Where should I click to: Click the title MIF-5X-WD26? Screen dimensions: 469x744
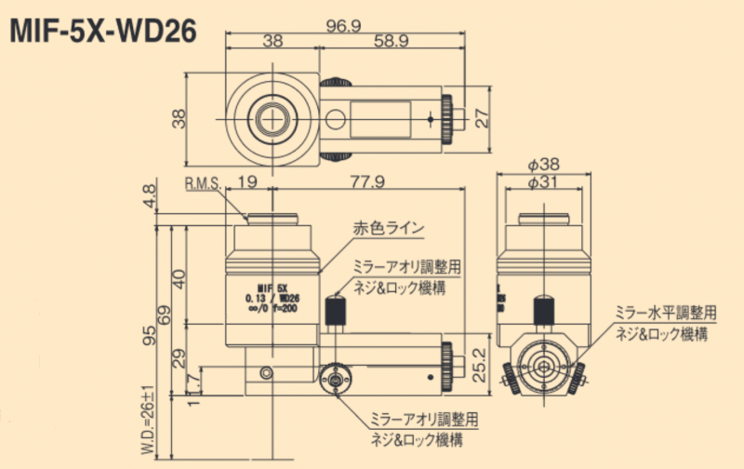[x=102, y=32]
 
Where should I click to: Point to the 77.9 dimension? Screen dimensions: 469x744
[x=366, y=182]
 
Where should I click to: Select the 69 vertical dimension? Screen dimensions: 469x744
[x=166, y=312]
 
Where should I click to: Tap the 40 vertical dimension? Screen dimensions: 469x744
[x=179, y=276]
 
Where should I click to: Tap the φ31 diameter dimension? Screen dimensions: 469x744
[x=544, y=183]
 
